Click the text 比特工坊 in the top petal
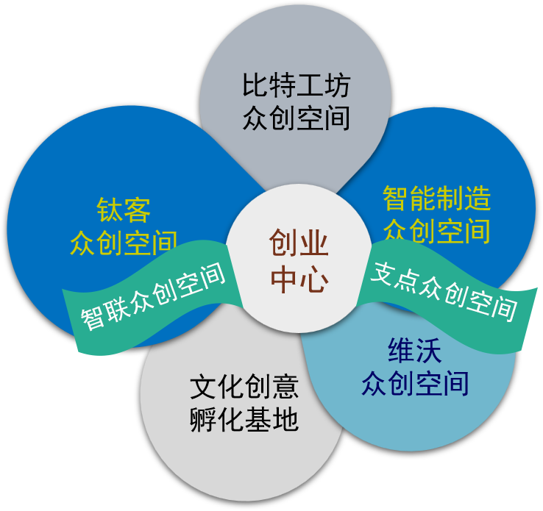point(296,87)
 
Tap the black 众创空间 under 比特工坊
point(296,118)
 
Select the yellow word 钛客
point(124,210)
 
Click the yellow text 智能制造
point(436,199)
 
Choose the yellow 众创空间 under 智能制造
point(436,230)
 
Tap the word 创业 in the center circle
point(299,243)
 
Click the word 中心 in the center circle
point(299,279)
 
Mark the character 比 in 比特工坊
point(255,87)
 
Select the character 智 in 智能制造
point(396,199)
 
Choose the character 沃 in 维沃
point(430,351)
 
